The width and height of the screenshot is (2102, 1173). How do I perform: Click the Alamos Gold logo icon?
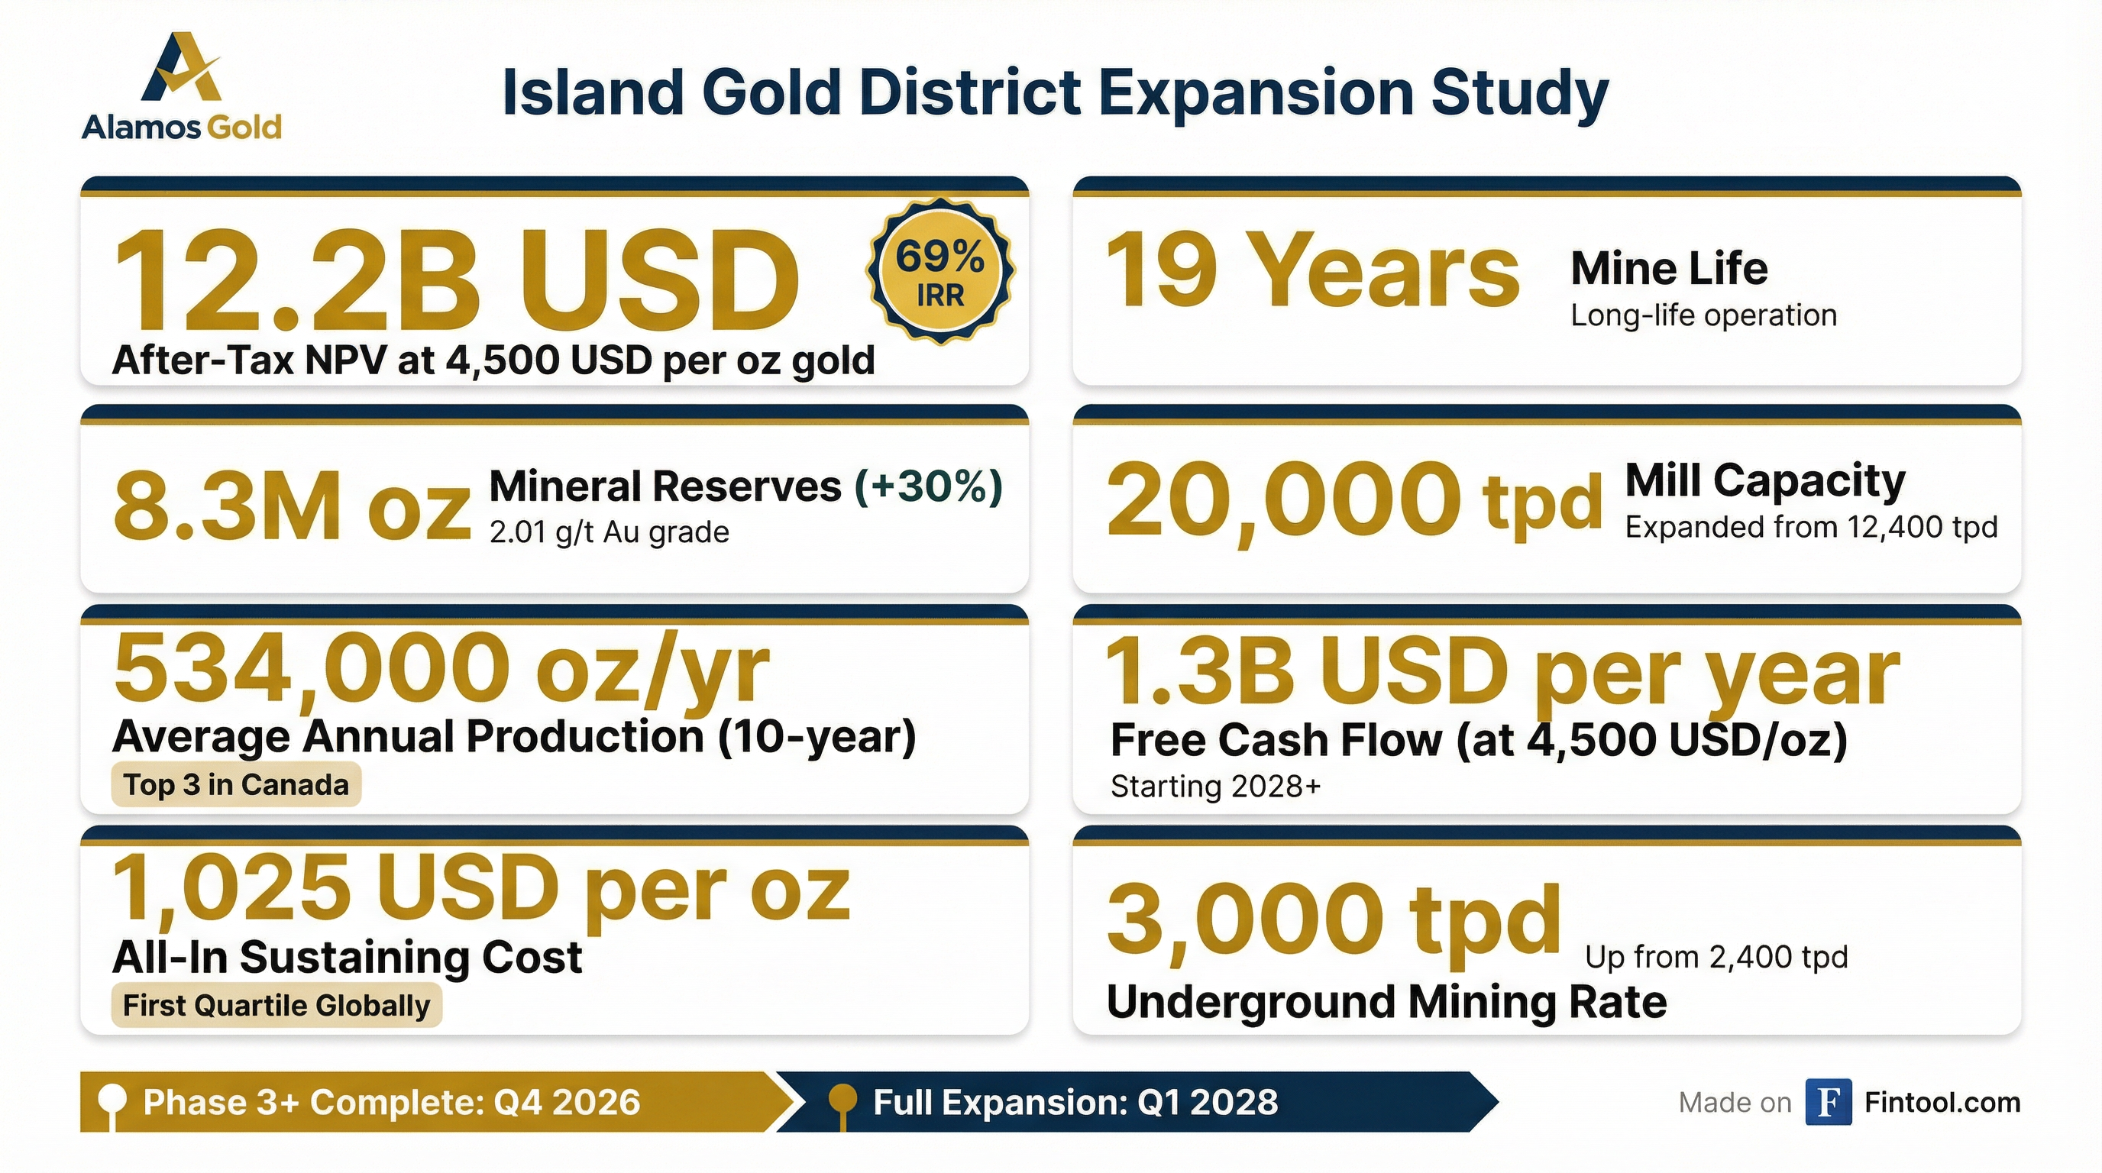(x=181, y=69)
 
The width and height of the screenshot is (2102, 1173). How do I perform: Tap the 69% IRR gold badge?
(x=941, y=272)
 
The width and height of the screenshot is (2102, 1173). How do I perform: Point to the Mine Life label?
(x=1669, y=268)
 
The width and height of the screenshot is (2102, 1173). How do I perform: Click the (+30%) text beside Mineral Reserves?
(x=928, y=486)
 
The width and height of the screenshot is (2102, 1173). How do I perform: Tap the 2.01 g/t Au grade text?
(x=609, y=532)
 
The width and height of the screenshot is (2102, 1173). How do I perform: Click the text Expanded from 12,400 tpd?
(x=1811, y=527)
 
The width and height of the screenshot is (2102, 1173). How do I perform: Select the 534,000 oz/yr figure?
(x=441, y=669)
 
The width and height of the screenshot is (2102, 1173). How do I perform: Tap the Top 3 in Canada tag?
(x=236, y=785)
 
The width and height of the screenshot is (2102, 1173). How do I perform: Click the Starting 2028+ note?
(x=1215, y=787)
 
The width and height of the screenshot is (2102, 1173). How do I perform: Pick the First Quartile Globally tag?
(x=276, y=1005)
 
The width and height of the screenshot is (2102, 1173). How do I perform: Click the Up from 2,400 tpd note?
(x=1716, y=957)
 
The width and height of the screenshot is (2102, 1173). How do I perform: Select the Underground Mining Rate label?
(x=1386, y=1002)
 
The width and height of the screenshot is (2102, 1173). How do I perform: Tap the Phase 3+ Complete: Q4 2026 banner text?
(x=392, y=1102)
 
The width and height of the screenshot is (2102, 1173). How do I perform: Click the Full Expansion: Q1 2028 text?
(x=1075, y=1102)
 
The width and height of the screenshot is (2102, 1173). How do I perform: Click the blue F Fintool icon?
(x=1828, y=1102)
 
